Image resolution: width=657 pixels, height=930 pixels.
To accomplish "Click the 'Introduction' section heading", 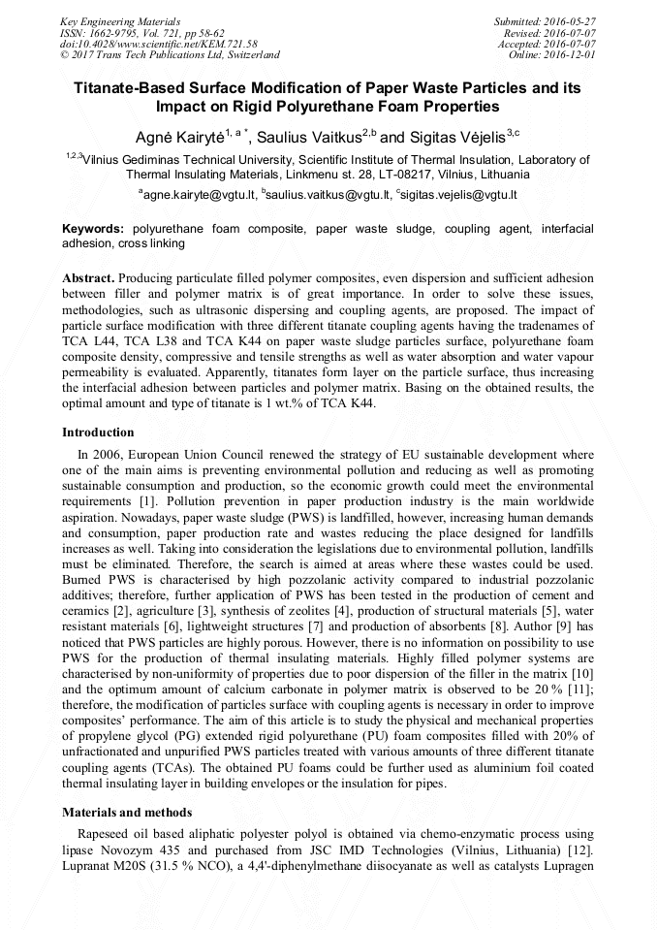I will pyautogui.click(x=98, y=433).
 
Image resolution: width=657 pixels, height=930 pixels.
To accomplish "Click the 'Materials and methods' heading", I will pyautogui.click(x=127, y=812).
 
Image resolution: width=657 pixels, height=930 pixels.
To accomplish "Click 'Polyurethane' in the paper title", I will pyautogui.click(x=352, y=107).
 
